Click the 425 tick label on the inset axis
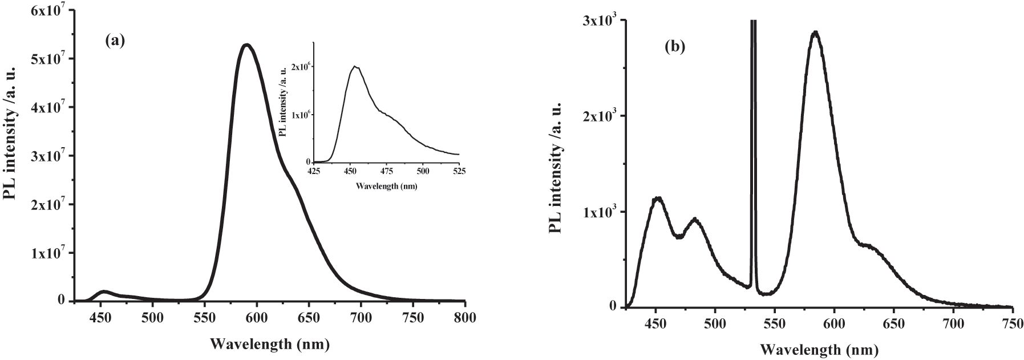[x=314, y=170]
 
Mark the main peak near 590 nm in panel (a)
[x=247, y=45]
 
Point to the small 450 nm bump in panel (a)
[x=104, y=292]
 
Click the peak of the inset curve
[x=355, y=66]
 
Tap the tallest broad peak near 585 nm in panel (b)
[x=816, y=33]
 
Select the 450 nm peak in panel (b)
[x=658, y=198]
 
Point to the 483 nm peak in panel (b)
[x=695, y=219]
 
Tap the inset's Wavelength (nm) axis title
[x=386, y=186]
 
